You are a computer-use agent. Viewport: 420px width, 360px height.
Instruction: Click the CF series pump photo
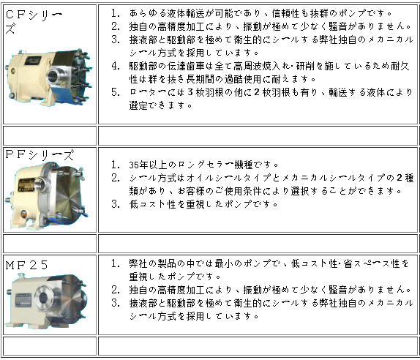[x=49, y=77]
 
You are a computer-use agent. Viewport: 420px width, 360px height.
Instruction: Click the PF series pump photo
[x=45, y=196]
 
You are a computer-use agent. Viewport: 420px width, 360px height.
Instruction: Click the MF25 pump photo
[x=46, y=301]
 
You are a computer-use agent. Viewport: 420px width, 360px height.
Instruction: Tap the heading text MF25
[x=26, y=265]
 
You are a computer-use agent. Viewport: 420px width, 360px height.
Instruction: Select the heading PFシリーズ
[x=40, y=155]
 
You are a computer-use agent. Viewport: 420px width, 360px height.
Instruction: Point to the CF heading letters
[x=15, y=15]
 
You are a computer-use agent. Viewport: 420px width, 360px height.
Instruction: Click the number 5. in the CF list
[x=116, y=92]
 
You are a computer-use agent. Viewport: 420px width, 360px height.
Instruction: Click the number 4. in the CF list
[x=116, y=66]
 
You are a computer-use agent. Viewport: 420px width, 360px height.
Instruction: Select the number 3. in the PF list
[x=116, y=204]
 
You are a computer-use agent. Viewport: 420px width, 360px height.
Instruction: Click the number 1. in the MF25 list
[x=116, y=263]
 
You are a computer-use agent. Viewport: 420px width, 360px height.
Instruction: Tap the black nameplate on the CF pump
[x=33, y=61]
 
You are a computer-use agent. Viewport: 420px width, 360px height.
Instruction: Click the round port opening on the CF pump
[x=53, y=76]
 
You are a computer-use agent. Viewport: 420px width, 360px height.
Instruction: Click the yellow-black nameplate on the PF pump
[x=26, y=185]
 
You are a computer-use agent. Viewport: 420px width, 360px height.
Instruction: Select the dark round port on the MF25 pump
[x=43, y=298]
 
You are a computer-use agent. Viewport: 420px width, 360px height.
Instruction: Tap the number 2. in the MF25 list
[x=116, y=290]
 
